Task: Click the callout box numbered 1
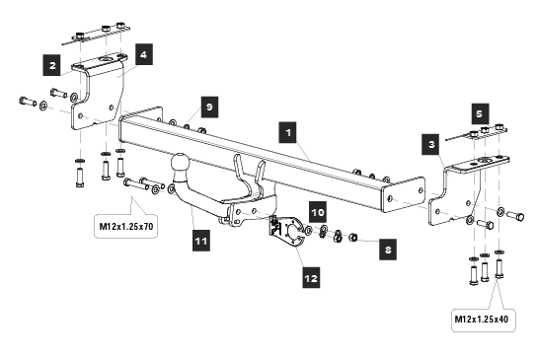[288, 132]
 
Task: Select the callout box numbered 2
[51, 65]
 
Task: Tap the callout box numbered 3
[431, 144]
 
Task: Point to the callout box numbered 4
[144, 54]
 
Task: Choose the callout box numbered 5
[480, 113]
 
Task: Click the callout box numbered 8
[388, 250]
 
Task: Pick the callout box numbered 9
[209, 107]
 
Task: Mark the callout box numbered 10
[318, 212]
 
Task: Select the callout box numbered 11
[201, 241]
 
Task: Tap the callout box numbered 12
[311, 277]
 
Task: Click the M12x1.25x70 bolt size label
[126, 226]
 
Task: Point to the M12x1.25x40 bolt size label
[482, 320]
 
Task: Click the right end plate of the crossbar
[403, 194]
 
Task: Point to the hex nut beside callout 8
[353, 237]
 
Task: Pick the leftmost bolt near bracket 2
[28, 102]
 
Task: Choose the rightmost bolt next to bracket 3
[515, 216]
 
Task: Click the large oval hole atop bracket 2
[106, 60]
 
